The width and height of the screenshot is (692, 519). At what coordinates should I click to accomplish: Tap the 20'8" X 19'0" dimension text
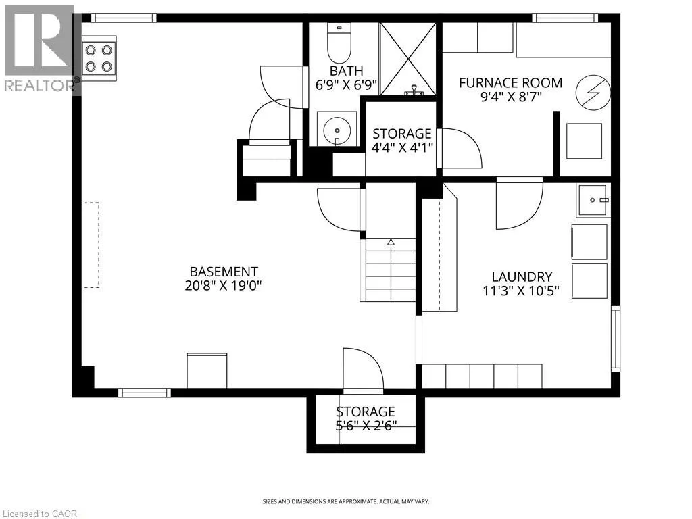point(223,285)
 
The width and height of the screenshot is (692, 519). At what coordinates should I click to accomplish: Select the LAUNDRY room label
point(522,276)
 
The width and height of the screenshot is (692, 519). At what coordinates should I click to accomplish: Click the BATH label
point(346,71)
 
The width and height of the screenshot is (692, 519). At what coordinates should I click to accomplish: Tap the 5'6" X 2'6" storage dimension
point(366,426)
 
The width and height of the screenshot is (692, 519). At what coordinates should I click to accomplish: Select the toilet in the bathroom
point(336,42)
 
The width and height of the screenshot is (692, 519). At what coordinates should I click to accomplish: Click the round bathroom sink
point(336,128)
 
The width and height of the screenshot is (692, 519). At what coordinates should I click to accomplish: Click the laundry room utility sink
point(593,200)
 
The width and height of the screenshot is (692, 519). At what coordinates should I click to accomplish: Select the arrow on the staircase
point(391,242)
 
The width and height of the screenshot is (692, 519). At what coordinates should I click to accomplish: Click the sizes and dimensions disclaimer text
point(345,501)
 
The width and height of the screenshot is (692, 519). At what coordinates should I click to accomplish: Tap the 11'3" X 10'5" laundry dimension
point(522,291)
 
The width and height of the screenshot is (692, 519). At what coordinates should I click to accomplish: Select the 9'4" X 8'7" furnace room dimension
point(510,97)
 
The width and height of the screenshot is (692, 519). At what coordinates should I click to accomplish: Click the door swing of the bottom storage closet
point(363,370)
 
